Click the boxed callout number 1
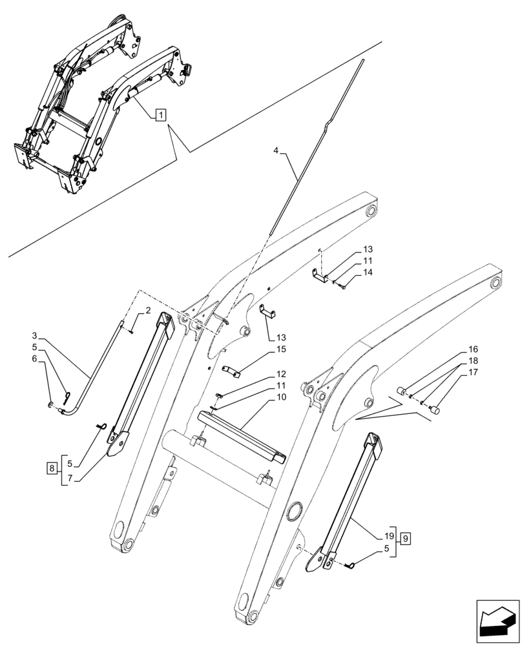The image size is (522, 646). point(160,115)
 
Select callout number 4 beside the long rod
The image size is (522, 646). point(276,151)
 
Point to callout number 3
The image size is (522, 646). point(34,336)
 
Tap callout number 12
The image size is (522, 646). point(282,374)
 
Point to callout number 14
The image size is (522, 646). point(368,273)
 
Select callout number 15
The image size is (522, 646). point(281,349)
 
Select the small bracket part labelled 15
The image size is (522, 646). point(233,371)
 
